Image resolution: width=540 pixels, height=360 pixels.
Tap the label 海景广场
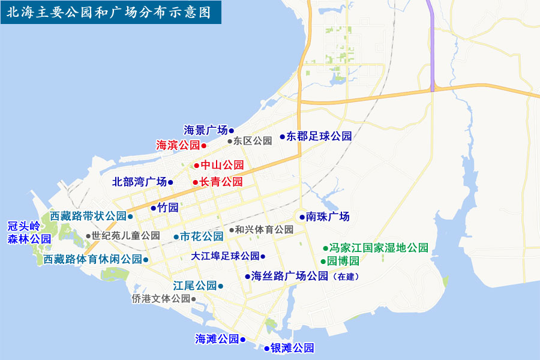[x=206, y=130]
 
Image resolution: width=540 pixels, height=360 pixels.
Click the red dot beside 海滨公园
[x=204, y=146]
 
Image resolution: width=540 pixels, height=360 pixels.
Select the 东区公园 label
[x=253, y=142]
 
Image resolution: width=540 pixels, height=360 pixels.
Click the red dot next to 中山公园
[x=196, y=165]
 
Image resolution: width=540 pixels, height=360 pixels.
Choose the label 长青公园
[x=221, y=182]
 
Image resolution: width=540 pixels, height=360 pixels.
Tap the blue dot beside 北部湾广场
[x=170, y=182]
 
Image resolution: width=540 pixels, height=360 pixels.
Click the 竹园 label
[x=169, y=208]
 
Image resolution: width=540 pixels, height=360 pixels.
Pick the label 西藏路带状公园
[x=88, y=216]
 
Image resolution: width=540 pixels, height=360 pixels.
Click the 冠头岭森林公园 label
[x=29, y=232]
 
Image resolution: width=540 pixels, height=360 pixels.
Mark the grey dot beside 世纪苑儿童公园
[x=88, y=236]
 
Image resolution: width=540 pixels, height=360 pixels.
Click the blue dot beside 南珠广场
[x=302, y=217]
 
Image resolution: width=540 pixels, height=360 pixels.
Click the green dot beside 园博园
[x=323, y=262]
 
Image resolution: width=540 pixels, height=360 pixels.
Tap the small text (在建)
[x=348, y=277]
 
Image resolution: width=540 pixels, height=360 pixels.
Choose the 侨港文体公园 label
[x=160, y=298]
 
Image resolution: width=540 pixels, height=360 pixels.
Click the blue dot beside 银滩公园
[x=266, y=349]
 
